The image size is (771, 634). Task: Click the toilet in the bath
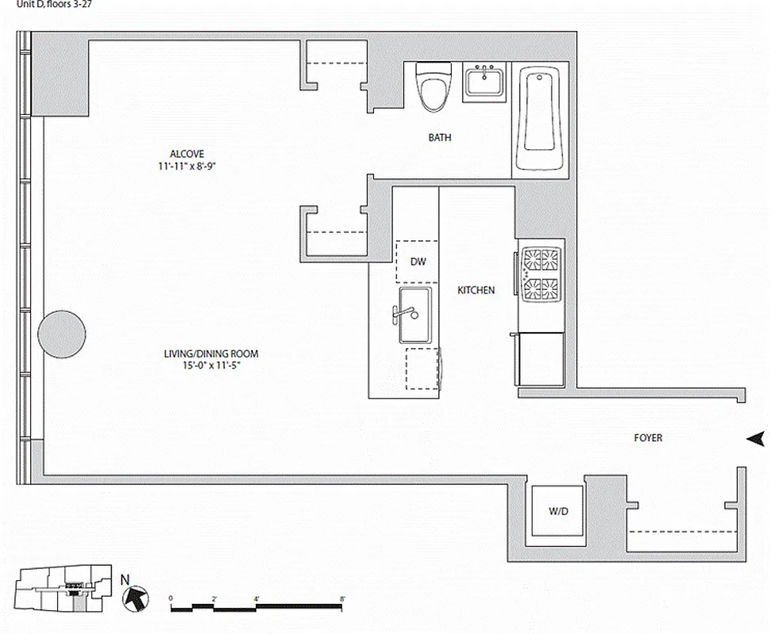(x=433, y=87)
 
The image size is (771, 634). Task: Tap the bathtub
(x=540, y=119)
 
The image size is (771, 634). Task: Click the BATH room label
(x=440, y=138)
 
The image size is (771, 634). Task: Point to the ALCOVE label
(x=187, y=154)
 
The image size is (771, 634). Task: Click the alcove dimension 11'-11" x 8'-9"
(x=187, y=166)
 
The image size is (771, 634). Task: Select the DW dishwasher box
(x=417, y=261)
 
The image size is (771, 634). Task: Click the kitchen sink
(x=414, y=314)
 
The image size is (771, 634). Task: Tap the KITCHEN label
(x=476, y=291)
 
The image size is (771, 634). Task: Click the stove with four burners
(x=540, y=273)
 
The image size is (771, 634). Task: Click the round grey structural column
(x=62, y=333)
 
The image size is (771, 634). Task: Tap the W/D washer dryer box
(x=558, y=511)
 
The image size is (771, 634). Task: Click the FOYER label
(x=647, y=437)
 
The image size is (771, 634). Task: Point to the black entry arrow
(x=755, y=438)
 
